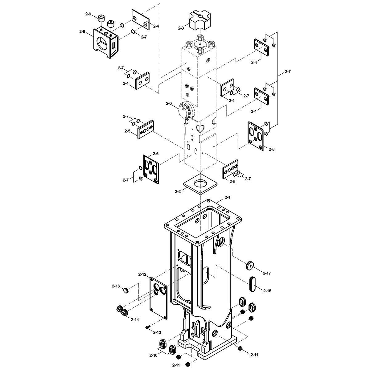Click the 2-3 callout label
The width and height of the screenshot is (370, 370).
tap(181, 28)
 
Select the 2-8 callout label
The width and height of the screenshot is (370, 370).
tap(82, 31)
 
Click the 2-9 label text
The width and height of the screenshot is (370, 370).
tap(88, 14)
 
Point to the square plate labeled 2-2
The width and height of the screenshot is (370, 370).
tap(200, 184)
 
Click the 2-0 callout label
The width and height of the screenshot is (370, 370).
tap(169, 104)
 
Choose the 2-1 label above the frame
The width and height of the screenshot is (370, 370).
tap(227, 197)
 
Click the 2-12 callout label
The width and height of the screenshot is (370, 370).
tap(142, 274)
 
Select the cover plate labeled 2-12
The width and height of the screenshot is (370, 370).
tap(158, 298)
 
